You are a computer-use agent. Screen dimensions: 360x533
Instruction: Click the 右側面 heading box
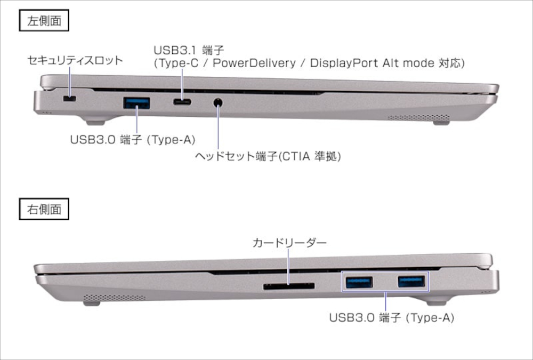44,209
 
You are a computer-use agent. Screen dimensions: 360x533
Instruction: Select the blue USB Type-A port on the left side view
138,102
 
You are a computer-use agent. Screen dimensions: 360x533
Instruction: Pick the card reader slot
288,286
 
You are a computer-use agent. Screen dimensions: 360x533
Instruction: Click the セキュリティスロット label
75,60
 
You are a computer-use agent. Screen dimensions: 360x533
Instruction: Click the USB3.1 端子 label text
189,50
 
